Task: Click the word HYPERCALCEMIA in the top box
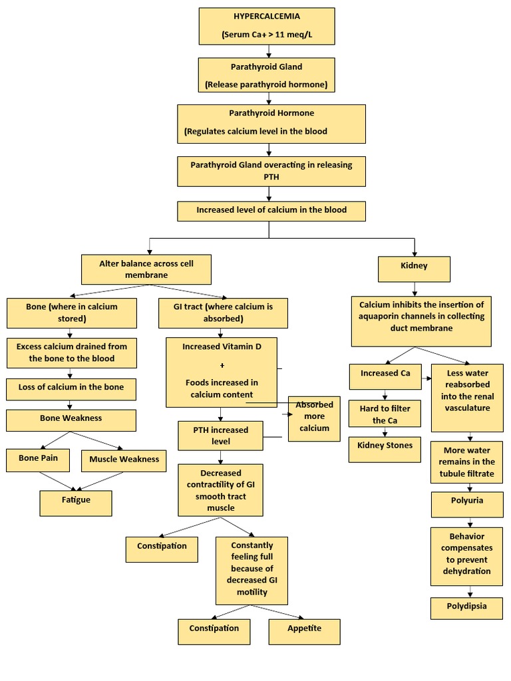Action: tap(266, 16)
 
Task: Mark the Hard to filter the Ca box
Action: tap(385, 414)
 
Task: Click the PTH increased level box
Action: tap(220, 436)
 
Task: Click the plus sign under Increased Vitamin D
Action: tap(221, 365)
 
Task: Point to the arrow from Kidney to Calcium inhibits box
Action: tap(415, 289)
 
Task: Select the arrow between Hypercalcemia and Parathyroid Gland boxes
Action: tap(268, 51)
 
